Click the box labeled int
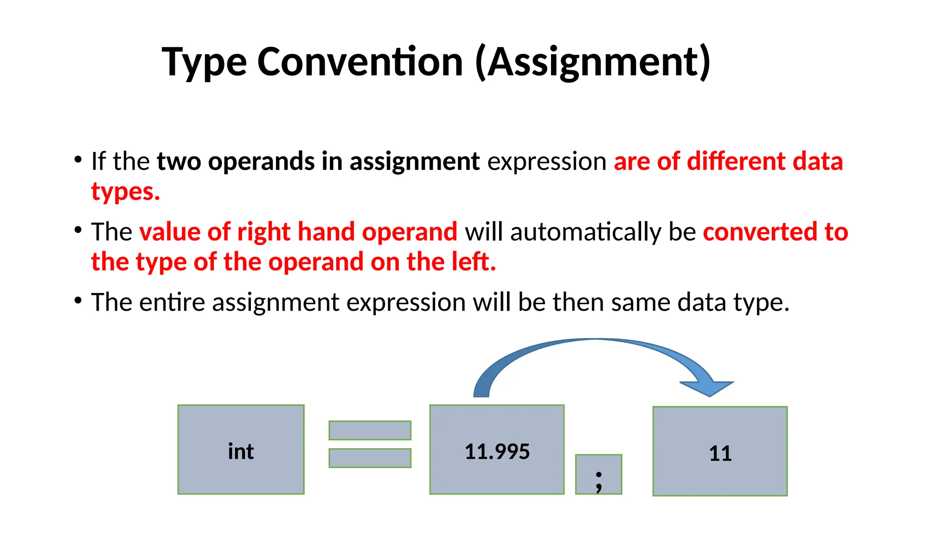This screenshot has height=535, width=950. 241,449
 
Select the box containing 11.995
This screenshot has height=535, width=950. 497,449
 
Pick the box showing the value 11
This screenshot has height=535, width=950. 720,451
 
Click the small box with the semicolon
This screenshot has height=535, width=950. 598,474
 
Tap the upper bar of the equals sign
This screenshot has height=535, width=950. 370,430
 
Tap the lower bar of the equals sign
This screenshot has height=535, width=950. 370,458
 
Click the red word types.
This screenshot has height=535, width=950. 125,192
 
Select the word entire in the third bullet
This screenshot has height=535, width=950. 172,302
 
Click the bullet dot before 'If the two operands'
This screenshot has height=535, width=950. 78,160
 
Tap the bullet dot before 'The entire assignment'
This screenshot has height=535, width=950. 78,300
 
